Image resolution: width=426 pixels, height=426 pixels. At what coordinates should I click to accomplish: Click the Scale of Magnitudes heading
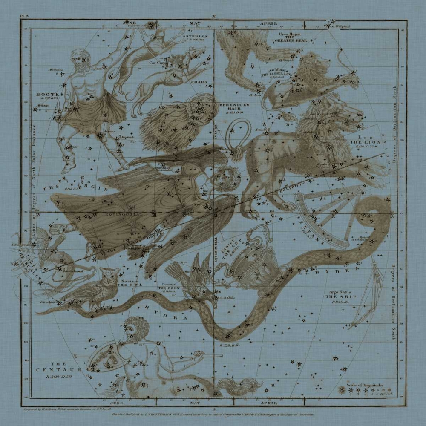coord(365,385)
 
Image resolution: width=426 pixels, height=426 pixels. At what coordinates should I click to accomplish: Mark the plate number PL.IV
coord(26,18)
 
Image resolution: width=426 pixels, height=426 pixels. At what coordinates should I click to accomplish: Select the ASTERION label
coord(195,37)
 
